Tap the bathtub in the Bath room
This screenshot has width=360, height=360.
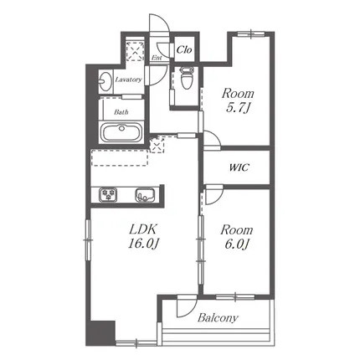121,133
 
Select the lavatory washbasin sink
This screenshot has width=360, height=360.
105,81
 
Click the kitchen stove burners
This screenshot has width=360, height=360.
108,194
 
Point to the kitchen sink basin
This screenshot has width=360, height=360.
145,194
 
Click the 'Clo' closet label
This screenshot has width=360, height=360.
184,50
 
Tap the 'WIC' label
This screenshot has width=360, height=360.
239,167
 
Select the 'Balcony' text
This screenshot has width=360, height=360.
218,317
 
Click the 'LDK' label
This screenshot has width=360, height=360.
143,229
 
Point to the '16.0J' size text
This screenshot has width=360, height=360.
143,244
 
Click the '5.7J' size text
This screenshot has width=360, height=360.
238,108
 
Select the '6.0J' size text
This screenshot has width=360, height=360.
237,244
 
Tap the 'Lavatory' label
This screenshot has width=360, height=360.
128,80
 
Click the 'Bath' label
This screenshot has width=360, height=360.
121,112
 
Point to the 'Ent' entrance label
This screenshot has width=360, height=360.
157,58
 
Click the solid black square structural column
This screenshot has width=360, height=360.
100,333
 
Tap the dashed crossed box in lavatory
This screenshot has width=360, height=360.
135,50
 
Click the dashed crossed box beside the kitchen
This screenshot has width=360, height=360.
157,145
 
